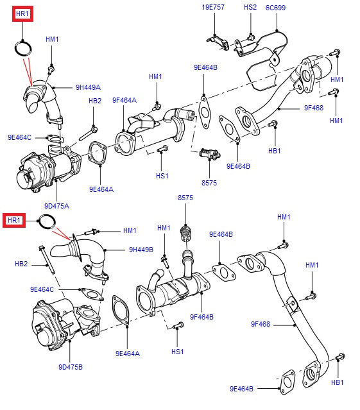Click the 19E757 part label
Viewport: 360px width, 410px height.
pos(214,7)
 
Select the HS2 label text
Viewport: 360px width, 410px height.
pos(250,7)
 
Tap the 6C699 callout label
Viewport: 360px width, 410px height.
pos(275,7)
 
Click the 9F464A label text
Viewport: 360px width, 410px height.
pos(124,100)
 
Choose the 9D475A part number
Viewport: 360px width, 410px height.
pos(57,206)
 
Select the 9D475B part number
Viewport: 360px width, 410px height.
pos(71,367)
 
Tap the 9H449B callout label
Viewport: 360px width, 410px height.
pos(141,250)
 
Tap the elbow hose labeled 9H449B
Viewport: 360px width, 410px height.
pos(90,253)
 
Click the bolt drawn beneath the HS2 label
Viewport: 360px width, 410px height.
pos(250,36)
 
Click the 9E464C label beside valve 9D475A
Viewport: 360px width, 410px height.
pos(20,137)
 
